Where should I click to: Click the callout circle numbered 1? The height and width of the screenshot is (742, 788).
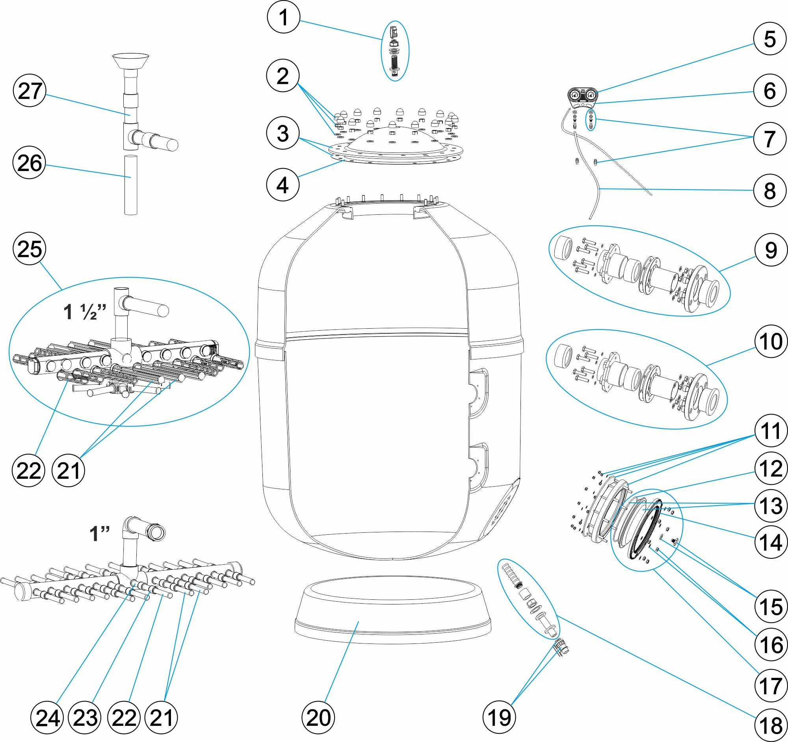click(283, 17)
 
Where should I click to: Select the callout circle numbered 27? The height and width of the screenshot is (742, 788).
click(30, 91)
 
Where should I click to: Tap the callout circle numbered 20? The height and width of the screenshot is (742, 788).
click(318, 718)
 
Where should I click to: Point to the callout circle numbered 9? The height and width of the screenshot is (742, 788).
click(771, 250)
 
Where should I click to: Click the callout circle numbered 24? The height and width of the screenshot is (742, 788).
click(47, 718)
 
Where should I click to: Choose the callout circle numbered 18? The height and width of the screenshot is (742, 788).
click(771, 725)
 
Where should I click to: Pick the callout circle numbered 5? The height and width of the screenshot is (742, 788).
click(770, 39)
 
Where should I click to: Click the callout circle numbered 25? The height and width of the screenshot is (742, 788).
click(30, 249)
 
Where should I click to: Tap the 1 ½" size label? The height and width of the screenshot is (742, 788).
click(85, 312)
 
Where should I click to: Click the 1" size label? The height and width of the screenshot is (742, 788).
click(100, 534)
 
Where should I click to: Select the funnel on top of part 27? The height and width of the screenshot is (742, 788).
click(131, 61)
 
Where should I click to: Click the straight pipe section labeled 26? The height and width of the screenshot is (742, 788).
click(131, 185)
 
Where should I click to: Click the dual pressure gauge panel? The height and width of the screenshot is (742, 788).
click(583, 96)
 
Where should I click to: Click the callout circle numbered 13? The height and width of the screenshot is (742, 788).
click(771, 505)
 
